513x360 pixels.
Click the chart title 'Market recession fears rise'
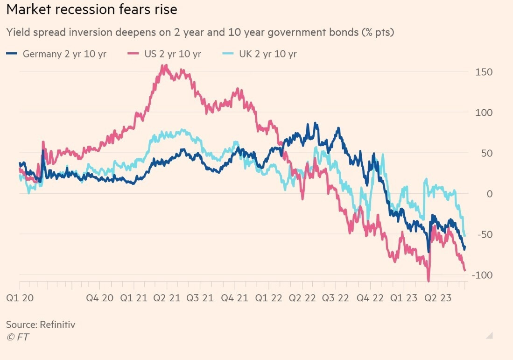(x=91, y=9)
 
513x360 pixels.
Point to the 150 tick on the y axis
(x=484, y=72)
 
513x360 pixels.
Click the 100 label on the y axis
(x=484, y=113)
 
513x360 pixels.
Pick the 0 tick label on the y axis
(x=489, y=193)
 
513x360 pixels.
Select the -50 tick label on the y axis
(x=485, y=234)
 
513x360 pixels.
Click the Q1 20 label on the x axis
(x=20, y=298)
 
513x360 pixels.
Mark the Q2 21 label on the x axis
(x=167, y=298)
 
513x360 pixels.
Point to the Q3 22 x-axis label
(x=336, y=298)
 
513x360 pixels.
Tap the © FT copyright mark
(x=17, y=337)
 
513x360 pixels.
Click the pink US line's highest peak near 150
(x=164, y=66)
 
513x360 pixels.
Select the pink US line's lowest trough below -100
(x=429, y=281)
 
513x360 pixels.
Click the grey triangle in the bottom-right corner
(x=489, y=335)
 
